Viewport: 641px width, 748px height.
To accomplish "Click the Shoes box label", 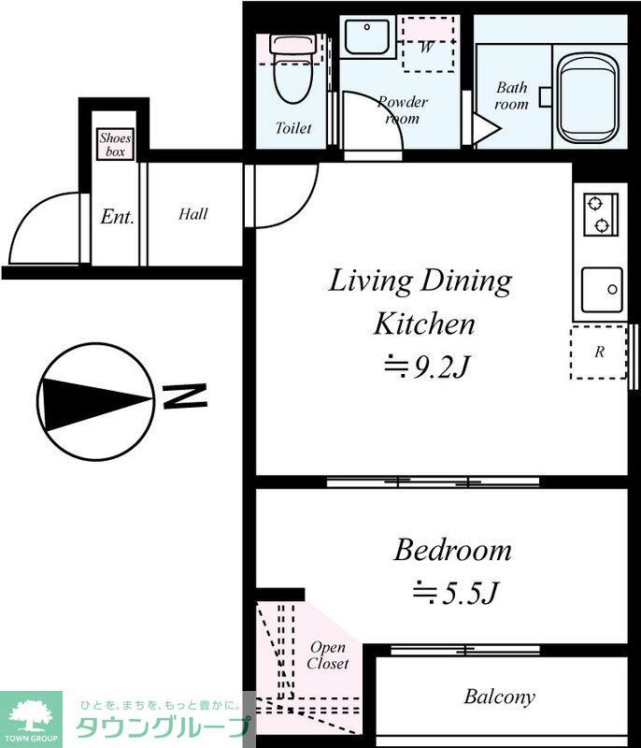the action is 115,145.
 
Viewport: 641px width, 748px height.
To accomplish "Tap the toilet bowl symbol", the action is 293,68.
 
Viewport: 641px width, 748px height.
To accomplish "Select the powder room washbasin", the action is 367,36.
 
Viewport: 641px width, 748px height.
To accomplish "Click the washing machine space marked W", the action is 428,44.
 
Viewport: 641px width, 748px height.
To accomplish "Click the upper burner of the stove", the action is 595,204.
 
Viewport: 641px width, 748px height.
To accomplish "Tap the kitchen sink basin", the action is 602,290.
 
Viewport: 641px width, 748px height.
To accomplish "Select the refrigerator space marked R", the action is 599,352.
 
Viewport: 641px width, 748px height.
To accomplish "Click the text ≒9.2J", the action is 428,367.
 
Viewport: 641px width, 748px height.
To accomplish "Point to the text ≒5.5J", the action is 456,593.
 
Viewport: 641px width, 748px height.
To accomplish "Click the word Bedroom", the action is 453,550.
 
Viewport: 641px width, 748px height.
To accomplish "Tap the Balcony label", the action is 499,697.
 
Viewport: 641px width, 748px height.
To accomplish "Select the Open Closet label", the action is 328,655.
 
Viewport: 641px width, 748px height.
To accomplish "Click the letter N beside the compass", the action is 185,396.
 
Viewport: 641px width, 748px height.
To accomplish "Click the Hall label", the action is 193,214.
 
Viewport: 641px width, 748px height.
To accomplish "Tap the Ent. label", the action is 117,217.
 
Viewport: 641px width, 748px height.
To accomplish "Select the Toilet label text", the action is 293,128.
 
